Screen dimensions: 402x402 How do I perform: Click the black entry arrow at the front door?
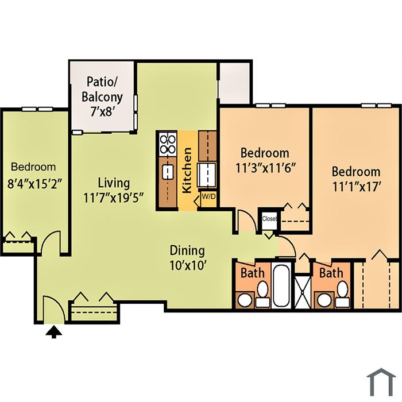(x=53, y=332)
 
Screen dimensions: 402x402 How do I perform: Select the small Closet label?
(x=269, y=219)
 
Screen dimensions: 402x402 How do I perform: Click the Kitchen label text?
(x=187, y=170)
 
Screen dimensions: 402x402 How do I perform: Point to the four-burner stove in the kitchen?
(x=168, y=144)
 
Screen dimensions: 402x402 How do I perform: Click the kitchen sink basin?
(x=168, y=172)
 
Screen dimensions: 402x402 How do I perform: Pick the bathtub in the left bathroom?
(x=281, y=285)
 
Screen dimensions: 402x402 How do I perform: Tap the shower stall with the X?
(x=303, y=292)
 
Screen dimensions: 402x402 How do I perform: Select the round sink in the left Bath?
(x=245, y=300)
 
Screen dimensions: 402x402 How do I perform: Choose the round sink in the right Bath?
(x=325, y=300)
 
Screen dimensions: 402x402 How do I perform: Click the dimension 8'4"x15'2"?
(x=35, y=184)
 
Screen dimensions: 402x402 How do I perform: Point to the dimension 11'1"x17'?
(x=355, y=187)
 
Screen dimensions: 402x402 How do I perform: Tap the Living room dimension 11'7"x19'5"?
(x=113, y=198)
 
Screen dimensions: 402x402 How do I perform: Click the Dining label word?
(x=187, y=250)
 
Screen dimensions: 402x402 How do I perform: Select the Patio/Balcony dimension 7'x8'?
(x=102, y=112)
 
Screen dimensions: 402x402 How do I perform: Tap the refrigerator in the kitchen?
(x=207, y=175)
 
